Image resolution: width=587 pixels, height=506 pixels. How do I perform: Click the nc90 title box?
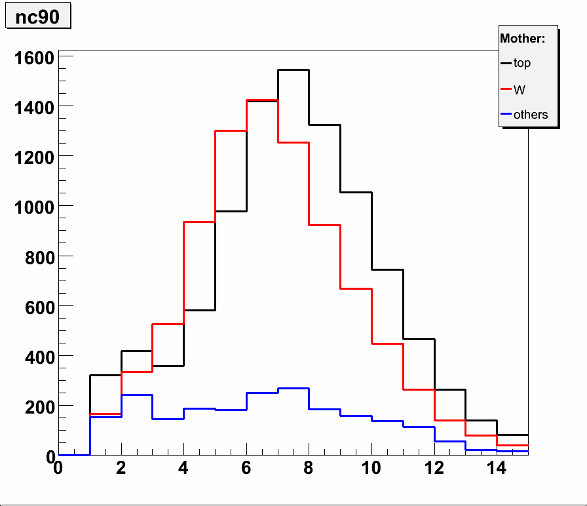[37, 17]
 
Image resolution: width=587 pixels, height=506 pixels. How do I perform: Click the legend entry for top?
[521, 64]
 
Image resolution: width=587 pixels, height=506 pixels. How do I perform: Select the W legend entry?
[519, 89]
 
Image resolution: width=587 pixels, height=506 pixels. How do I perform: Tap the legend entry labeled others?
[530, 115]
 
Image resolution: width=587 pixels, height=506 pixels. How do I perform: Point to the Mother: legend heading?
[522, 39]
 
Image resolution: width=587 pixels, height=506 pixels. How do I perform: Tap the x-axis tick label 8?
[309, 469]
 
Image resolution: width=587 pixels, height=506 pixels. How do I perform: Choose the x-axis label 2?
[121, 469]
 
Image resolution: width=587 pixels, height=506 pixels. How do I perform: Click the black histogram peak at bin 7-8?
[293, 70]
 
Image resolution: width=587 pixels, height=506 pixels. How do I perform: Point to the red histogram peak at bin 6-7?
[262, 100]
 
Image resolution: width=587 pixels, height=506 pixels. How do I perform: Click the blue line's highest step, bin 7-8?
[293, 389]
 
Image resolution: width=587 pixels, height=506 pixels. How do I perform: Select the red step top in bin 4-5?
[200, 222]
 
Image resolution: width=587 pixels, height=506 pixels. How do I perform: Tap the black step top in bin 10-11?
[387, 269]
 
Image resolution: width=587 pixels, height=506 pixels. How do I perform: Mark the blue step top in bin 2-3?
[137, 395]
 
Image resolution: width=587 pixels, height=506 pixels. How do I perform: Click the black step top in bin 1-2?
[105, 375]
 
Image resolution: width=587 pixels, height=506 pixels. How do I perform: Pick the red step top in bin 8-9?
[324, 225]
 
